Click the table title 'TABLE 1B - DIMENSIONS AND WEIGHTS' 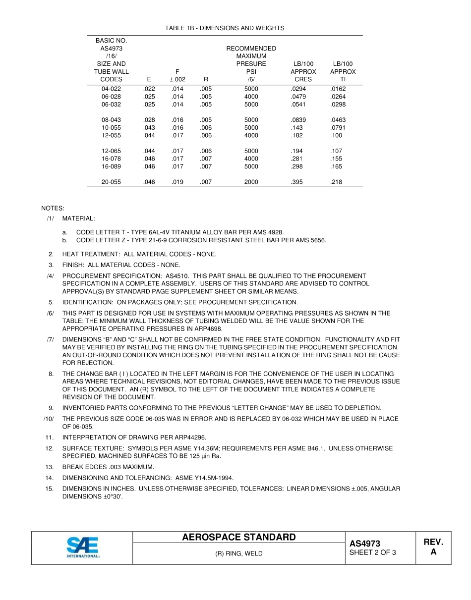(225, 28)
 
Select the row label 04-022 (111, 89)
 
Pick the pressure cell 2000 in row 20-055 (251, 182)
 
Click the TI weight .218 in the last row (336, 182)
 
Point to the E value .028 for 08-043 (149, 120)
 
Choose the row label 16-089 (111, 166)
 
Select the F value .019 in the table (177, 182)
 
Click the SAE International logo (83, 547)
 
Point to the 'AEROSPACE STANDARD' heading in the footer (239, 538)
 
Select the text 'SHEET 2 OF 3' (372, 553)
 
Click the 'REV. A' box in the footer (433, 547)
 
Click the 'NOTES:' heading (53, 208)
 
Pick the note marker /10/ (48, 419)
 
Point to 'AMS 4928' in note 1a (271, 232)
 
